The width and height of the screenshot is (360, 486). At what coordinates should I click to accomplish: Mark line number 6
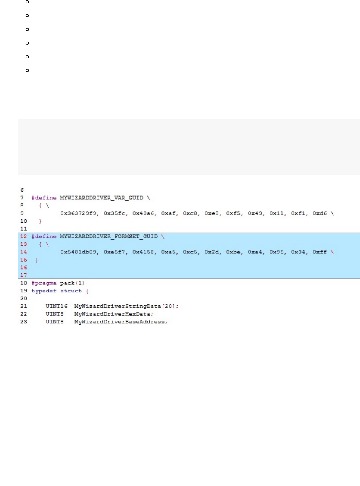(x=21, y=190)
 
